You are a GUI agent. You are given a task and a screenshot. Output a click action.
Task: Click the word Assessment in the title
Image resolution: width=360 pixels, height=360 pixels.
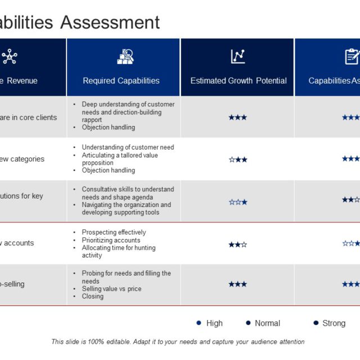pyautogui.click(x=110, y=22)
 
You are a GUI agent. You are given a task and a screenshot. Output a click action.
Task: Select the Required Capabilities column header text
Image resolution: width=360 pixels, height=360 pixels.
pyautogui.click(x=121, y=80)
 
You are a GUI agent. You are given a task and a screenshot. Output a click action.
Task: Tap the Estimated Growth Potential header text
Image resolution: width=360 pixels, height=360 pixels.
pyautogui.click(x=238, y=80)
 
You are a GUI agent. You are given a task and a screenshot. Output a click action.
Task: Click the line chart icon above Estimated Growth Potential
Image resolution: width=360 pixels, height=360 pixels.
pyautogui.click(x=238, y=56)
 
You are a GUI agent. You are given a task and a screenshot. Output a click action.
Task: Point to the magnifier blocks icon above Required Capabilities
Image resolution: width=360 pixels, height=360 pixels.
pyautogui.click(x=125, y=56)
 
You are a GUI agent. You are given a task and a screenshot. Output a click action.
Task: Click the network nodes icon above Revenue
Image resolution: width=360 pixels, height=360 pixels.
pyautogui.click(x=10, y=56)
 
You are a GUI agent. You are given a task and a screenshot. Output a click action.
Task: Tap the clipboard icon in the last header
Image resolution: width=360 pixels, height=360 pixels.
pyautogui.click(x=352, y=56)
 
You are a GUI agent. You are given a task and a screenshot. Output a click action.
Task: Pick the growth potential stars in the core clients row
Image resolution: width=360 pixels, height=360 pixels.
pyautogui.click(x=237, y=117)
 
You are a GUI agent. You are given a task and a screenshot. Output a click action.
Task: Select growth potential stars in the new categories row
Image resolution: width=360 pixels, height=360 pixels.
pyautogui.click(x=237, y=159)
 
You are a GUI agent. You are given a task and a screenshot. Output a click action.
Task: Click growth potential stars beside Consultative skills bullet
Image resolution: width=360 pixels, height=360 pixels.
pyautogui.click(x=237, y=201)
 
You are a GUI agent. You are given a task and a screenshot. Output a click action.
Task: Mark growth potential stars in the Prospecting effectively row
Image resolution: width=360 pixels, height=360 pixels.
pyautogui.click(x=237, y=244)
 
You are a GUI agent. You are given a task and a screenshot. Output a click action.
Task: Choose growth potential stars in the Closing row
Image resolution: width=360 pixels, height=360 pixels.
pyautogui.click(x=237, y=284)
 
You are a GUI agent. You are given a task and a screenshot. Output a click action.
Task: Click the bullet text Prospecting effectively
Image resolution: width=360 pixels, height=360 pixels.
pyautogui.click(x=114, y=232)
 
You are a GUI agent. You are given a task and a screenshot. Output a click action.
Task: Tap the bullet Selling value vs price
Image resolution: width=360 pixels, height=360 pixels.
pyautogui.click(x=111, y=289)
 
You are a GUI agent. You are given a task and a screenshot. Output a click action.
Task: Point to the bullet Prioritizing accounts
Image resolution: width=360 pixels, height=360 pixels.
pyautogui.click(x=111, y=240)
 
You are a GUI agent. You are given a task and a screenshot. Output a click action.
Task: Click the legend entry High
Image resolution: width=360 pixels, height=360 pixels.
pyautogui.click(x=214, y=323)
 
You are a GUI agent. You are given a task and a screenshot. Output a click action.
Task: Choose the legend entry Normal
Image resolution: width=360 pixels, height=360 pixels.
pyautogui.click(x=267, y=323)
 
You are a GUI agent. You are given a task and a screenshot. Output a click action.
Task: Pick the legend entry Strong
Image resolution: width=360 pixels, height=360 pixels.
pyautogui.click(x=334, y=323)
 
